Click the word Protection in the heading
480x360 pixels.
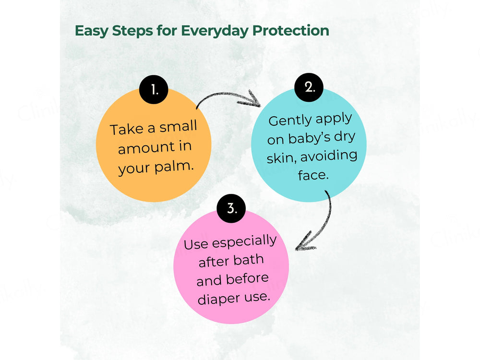pos(290,31)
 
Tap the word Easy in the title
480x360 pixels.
pos(91,31)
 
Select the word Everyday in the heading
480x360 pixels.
pos(215,31)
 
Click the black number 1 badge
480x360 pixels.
pos(154,89)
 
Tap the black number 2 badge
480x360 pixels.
pos(309,87)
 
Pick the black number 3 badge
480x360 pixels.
pos(231,208)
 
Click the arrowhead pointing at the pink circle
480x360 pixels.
pos(305,242)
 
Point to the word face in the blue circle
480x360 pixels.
pos(313,175)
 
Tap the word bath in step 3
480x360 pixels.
pos(248,260)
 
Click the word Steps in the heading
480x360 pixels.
pos(132,31)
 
